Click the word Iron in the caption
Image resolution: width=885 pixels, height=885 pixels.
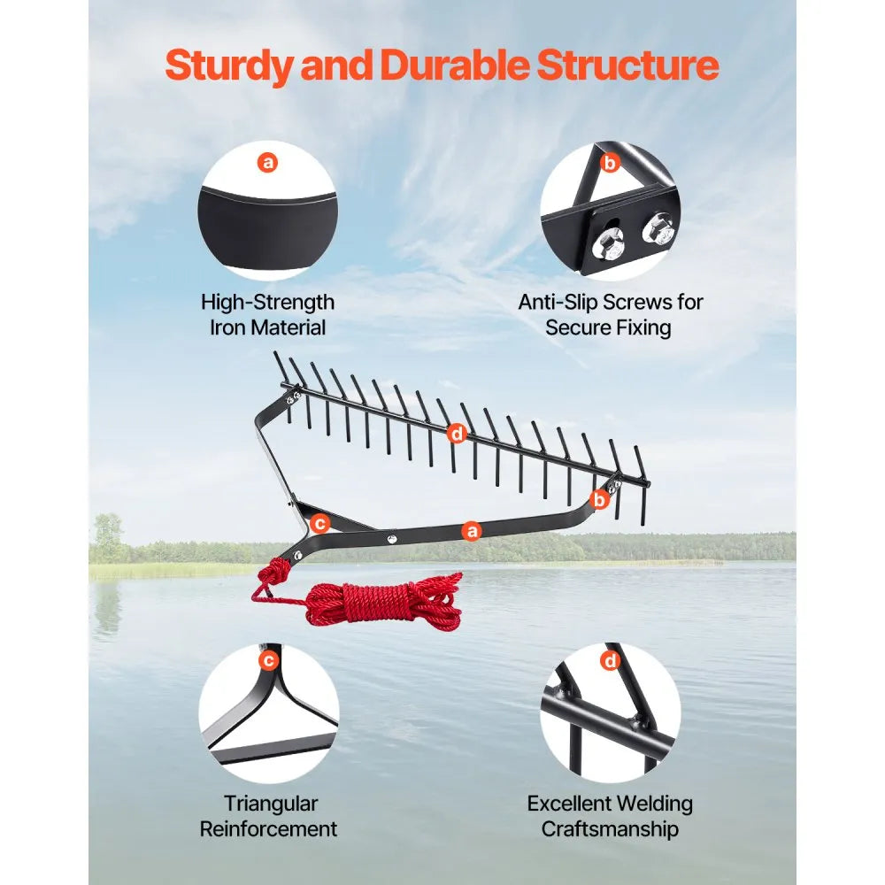pyautogui.click(x=231, y=327)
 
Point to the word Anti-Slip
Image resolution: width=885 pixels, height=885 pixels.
pyautogui.click(x=558, y=302)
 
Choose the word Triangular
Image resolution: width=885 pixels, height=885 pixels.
pyautogui.click(x=270, y=804)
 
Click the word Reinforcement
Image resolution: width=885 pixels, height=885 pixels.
pyautogui.click(x=268, y=829)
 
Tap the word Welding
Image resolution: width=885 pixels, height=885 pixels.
pyautogui.click(x=649, y=804)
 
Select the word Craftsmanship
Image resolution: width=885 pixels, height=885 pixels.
pyautogui.click(x=610, y=829)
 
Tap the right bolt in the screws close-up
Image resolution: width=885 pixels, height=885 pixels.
pyautogui.click(x=658, y=229)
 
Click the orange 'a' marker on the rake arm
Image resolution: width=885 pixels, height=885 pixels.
pyautogui.click(x=472, y=531)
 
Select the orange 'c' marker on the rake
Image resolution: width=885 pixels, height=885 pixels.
pyautogui.click(x=320, y=524)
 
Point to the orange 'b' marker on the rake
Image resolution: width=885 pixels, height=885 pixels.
pyautogui.click(x=600, y=500)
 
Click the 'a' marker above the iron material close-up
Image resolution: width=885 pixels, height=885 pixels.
pyautogui.click(x=267, y=162)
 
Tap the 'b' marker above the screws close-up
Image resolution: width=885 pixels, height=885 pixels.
pyautogui.click(x=609, y=162)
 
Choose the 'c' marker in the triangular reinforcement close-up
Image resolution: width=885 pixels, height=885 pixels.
pyautogui.click(x=267, y=659)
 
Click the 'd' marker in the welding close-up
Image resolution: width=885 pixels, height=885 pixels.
pyautogui.click(x=609, y=659)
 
